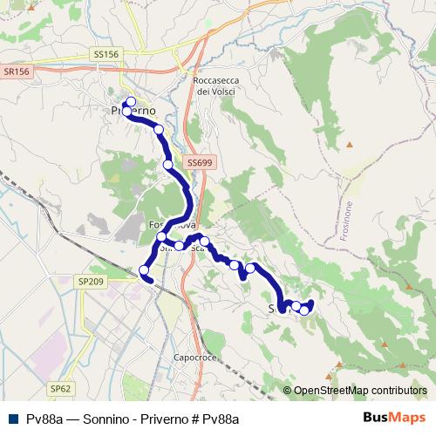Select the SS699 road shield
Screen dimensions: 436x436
point(200,162)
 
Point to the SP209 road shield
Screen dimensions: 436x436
point(91,282)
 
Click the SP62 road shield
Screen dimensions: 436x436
point(60,387)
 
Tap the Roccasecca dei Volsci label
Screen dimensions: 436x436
point(210,86)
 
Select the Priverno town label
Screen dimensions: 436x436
point(133,112)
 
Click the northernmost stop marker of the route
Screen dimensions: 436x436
point(131,102)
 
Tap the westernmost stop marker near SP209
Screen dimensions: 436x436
point(145,271)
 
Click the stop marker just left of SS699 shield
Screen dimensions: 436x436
point(168,163)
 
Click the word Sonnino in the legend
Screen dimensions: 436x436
point(104,419)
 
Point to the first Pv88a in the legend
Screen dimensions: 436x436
point(44,419)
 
